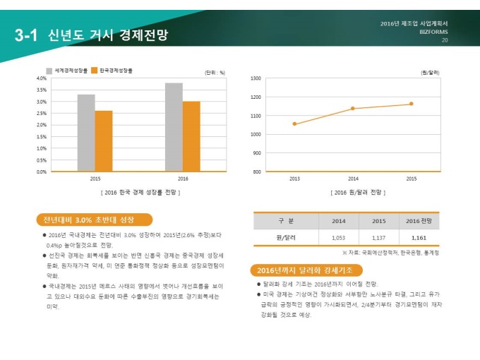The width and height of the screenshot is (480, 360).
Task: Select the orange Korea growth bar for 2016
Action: [x=191, y=136]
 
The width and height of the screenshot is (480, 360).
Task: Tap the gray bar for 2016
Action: [x=174, y=127]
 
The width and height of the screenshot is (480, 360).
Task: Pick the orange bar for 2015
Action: [x=104, y=141]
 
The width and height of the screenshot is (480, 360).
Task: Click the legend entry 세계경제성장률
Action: [x=67, y=71]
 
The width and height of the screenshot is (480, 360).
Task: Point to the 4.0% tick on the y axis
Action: [x=42, y=78]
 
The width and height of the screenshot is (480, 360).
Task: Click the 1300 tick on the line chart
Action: [x=256, y=78]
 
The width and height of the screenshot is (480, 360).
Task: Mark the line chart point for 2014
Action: [x=353, y=108]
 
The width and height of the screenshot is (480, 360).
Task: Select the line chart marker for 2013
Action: [x=294, y=124]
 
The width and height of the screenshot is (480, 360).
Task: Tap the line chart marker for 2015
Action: [x=412, y=104]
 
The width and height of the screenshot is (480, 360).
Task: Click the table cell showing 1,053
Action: [x=338, y=238]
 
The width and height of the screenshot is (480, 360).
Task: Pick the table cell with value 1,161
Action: [x=419, y=238]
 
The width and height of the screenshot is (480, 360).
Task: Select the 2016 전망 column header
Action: [x=419, y=221]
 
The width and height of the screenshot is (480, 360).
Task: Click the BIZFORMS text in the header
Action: [x=433, y=32]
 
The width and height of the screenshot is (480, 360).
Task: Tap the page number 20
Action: [x=445, y=40]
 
